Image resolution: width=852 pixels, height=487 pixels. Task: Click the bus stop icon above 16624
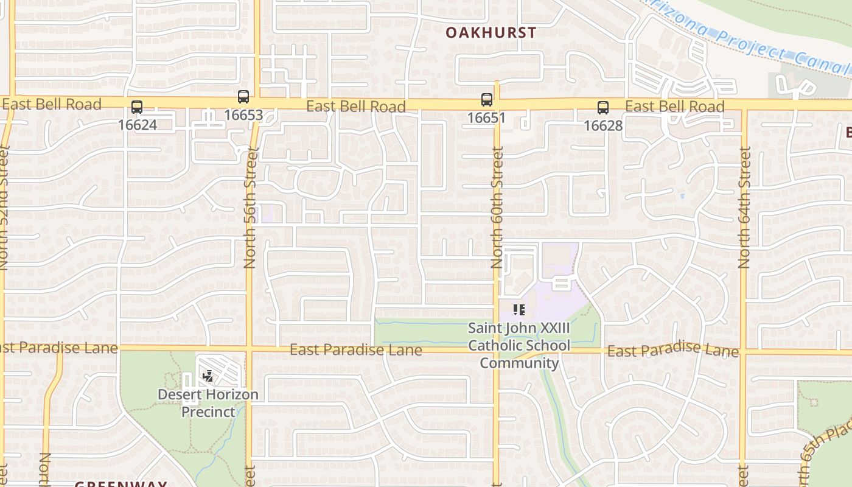137,107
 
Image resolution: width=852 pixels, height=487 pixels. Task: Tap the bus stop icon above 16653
243,97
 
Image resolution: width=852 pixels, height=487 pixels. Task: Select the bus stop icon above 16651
486,100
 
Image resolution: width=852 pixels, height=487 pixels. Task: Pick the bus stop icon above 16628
602,108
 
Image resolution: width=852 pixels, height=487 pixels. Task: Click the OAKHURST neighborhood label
491,33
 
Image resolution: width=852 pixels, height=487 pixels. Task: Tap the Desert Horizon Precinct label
208,403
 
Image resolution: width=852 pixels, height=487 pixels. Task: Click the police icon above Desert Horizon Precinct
208,376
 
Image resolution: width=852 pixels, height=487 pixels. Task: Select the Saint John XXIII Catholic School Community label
519,345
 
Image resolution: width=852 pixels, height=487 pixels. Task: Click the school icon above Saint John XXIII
519,310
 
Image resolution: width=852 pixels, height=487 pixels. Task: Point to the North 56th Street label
250,208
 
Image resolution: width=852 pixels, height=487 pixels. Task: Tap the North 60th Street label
497,208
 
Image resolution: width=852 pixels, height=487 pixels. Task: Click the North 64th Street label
744,208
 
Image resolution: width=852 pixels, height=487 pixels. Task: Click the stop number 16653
243,114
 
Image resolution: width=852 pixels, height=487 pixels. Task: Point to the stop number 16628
603,125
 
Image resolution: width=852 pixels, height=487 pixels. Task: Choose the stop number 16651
486,117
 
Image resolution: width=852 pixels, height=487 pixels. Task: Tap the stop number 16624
138,125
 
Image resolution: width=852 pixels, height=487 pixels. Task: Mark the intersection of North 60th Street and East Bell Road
497,105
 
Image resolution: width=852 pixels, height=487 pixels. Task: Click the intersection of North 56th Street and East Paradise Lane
249,349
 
